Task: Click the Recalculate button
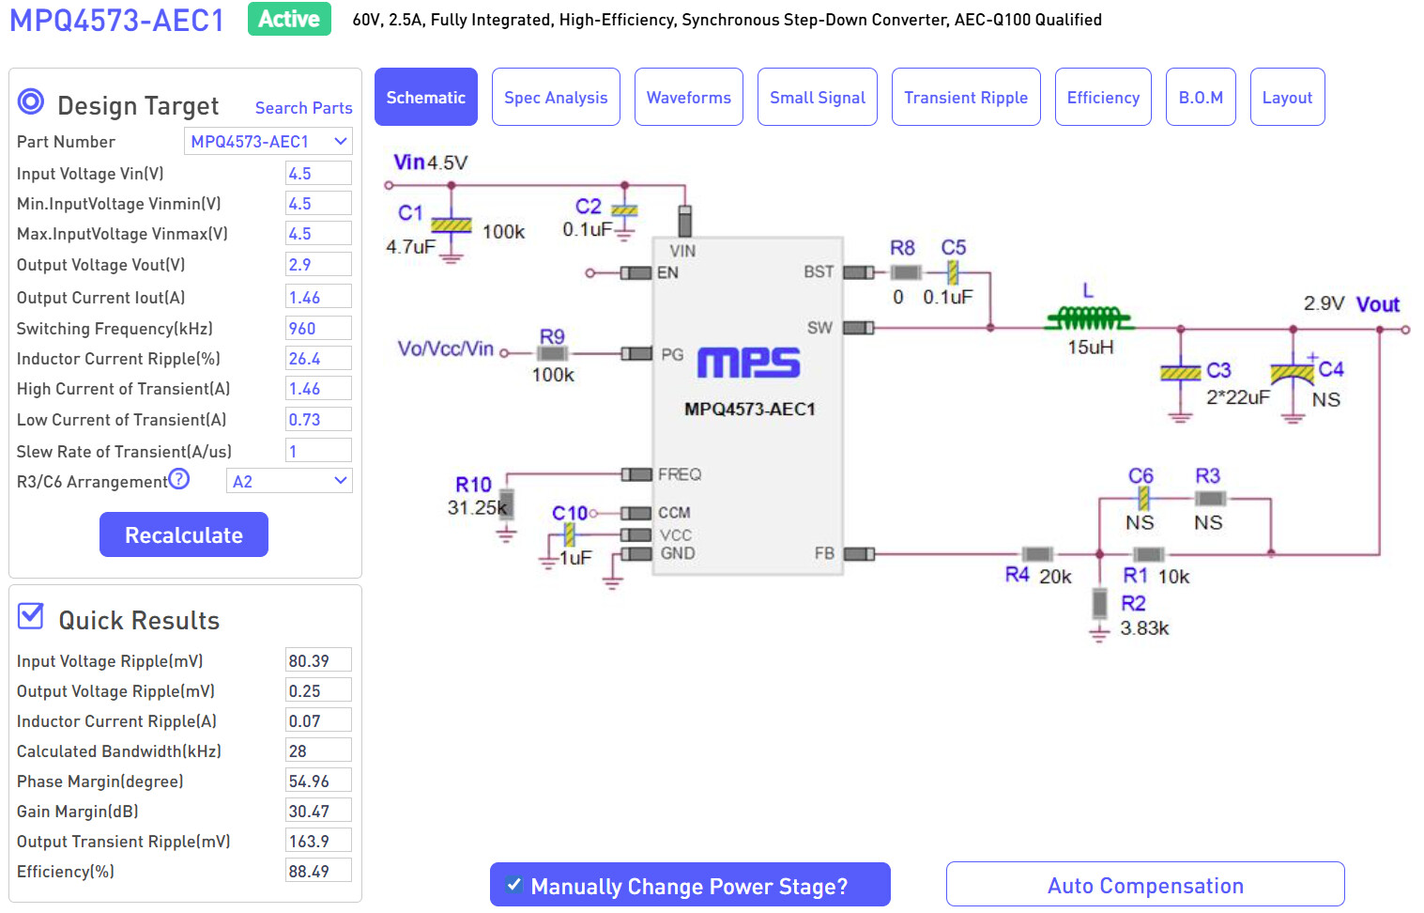(184, 534)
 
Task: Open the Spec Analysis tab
(556, 97)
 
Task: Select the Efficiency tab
(1103, 97)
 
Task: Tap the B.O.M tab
(1201, 97)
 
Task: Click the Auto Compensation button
(1145, 885)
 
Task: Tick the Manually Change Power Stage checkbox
(514, 885)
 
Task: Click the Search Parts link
(303, 108)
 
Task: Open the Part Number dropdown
(268, 142)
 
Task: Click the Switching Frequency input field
(318, 329)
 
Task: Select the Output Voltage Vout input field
(318, 265)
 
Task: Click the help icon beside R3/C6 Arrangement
(179, 480)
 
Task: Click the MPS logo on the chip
(748, 363)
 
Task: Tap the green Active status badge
(289, 19)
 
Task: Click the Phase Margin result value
(318, 781)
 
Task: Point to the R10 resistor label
(474, 485)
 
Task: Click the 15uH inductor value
(1091, 348)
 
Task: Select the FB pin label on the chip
(824, 553)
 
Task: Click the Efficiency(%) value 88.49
(318, 872)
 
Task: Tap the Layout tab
(1287, 97)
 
